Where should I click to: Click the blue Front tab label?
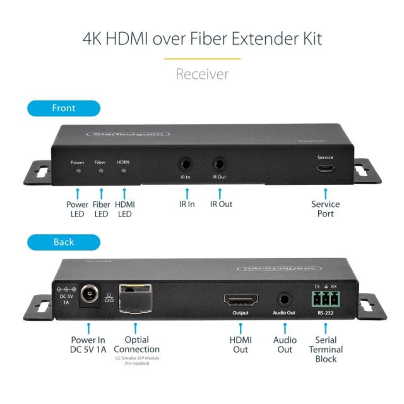[x=64, y=108]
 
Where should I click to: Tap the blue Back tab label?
[x=64, y=242]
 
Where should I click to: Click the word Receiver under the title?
[x=202, y=74]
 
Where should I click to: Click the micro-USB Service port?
[x=326, y=169]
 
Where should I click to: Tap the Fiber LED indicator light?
[x=100, y=171]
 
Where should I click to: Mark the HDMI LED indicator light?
[x=124, y=171]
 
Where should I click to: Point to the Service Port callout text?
[x=326, y=209]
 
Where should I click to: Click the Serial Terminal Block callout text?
[x=326, y=350]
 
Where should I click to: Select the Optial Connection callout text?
[x=137, y=345]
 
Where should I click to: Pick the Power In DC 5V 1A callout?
[x=88, y=345]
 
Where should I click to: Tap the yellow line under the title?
[x=202, y=59]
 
